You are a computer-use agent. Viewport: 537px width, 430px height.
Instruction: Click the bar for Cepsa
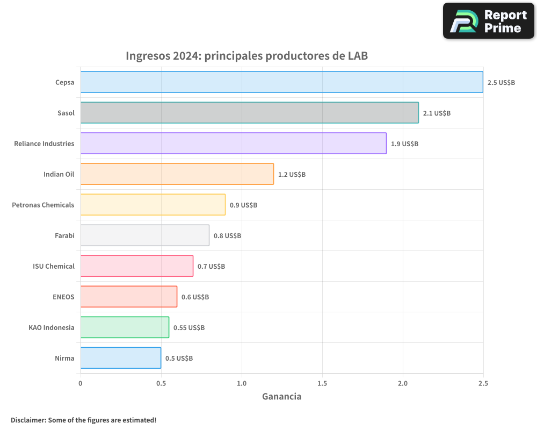281,82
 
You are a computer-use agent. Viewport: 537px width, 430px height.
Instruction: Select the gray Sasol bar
249,113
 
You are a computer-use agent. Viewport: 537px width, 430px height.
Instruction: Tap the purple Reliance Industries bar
233,144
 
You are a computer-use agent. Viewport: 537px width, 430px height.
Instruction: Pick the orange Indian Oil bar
177,174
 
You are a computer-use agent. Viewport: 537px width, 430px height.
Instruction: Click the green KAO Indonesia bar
125,327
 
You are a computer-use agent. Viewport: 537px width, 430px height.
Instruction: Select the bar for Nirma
120,358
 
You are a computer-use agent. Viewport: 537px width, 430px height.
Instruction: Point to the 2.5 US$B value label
501,83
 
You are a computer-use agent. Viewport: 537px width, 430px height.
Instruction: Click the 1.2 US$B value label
292,175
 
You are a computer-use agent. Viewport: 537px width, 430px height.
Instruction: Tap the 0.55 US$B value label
188,328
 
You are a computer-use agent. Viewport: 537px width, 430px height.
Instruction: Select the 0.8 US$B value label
227,236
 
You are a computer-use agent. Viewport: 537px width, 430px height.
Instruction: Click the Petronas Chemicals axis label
43,205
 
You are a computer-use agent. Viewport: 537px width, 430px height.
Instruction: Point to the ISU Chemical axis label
53,266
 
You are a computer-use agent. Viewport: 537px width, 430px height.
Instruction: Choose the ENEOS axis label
63,297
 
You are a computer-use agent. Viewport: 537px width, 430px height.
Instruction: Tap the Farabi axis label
64,235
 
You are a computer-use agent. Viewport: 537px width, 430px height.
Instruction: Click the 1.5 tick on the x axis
322,383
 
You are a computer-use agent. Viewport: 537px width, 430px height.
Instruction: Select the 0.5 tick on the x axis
161,383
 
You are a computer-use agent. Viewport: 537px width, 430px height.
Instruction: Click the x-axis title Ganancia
281,397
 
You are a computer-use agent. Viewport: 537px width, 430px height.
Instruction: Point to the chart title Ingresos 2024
246,56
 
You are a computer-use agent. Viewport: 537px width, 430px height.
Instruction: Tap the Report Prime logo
488,21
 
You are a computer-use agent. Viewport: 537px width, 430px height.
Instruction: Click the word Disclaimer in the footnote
28,420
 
